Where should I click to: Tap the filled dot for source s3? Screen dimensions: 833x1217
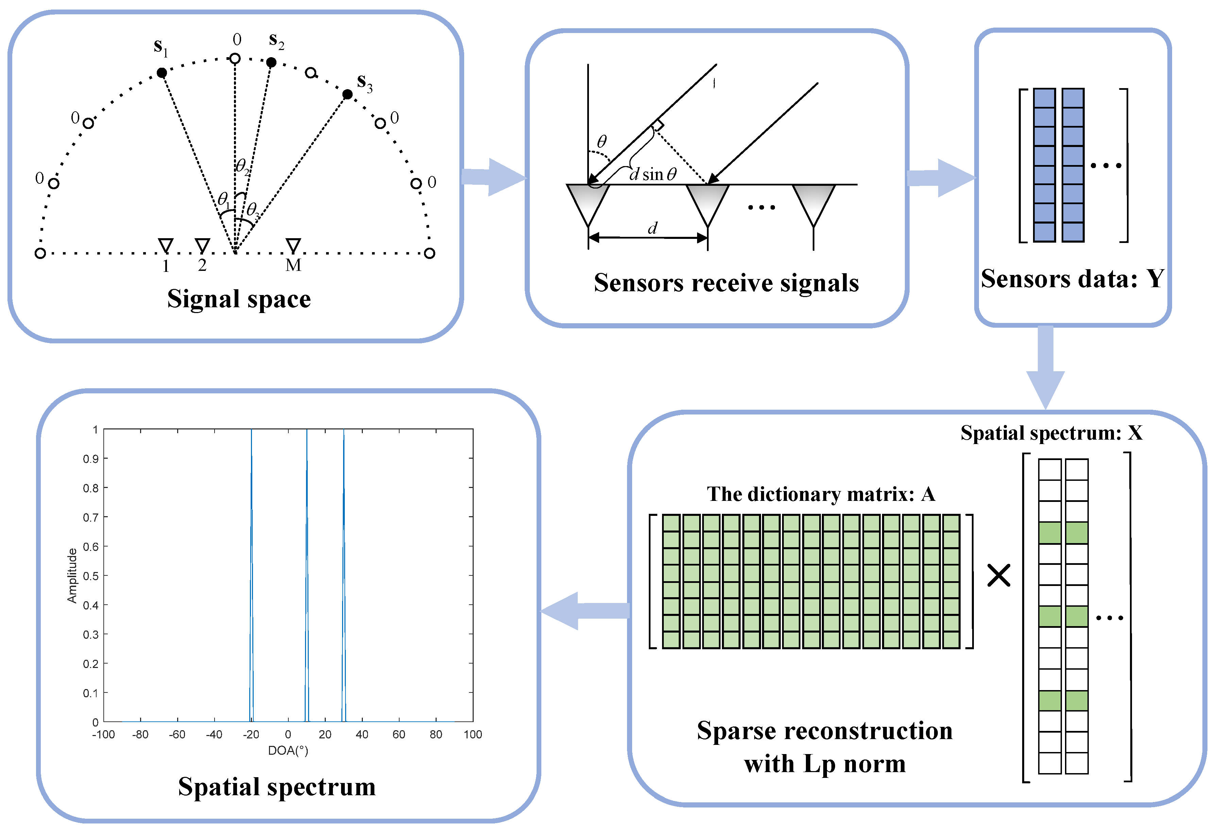pos(347,94)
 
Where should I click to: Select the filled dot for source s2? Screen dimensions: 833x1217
pos(271,62)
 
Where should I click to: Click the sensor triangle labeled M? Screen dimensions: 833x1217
pos(293,245)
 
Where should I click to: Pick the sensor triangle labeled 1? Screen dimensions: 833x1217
pos(166,245)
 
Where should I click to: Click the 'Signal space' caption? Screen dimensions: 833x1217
pos(239,299)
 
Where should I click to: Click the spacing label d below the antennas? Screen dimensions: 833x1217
pos(652,228)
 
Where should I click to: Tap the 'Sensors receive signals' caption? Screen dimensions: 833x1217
pos(726,283)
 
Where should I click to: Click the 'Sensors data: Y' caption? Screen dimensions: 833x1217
pos(1072,279)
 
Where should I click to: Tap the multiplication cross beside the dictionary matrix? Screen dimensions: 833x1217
pos(999,575)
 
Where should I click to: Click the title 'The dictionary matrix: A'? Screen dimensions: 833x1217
pos(821,494)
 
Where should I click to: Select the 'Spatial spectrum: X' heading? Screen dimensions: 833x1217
pos(1051,433)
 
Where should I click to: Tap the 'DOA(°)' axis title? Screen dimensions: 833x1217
pos(288,751)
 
